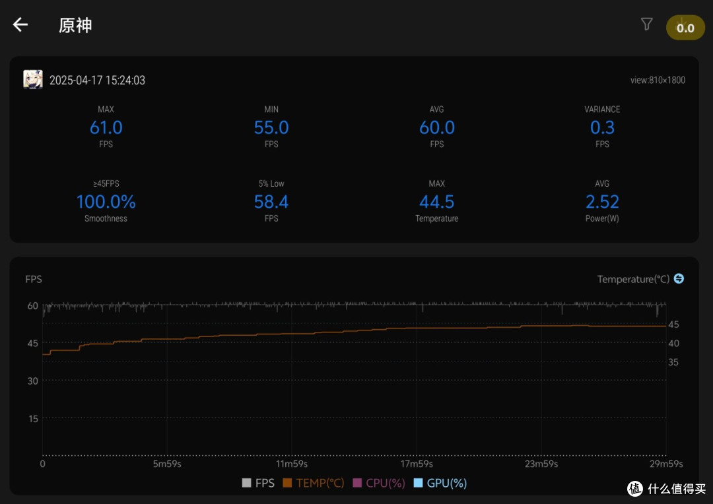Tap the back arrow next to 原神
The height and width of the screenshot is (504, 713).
[x=20, y=24]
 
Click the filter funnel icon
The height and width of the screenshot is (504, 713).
[x=646, y=24]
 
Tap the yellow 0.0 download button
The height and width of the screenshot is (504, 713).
[x=685, y=28]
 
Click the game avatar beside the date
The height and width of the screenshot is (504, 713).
[x=33, y=80]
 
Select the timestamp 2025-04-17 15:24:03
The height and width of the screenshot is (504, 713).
[x=97, y=80]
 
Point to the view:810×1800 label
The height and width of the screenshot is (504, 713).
[x=658, y=80]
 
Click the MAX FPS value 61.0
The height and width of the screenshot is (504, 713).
[x=106, y=128]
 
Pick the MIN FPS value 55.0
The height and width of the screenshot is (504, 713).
[x=271, y=128]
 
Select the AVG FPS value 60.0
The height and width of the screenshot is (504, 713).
[x=437, y=128]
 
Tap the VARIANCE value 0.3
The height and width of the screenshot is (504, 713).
[x=602, y=128]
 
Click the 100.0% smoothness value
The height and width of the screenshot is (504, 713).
[x=106, y=202]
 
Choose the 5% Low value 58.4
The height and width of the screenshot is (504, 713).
[x=271, y=202]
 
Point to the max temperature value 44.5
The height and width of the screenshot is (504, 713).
[x=437, y=202]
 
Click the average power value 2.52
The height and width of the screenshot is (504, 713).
[x=602, y=202]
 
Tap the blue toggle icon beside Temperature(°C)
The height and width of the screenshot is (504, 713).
[x=679, y=278]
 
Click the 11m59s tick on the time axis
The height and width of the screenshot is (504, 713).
[x=292, y=464]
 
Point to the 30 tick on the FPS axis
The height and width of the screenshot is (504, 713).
[x=33, y=381]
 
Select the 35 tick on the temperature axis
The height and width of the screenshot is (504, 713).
[x=673, y=362]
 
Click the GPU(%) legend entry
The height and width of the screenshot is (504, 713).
[x=440, y=483]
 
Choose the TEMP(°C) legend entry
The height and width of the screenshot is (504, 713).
[x=314, y=483]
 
